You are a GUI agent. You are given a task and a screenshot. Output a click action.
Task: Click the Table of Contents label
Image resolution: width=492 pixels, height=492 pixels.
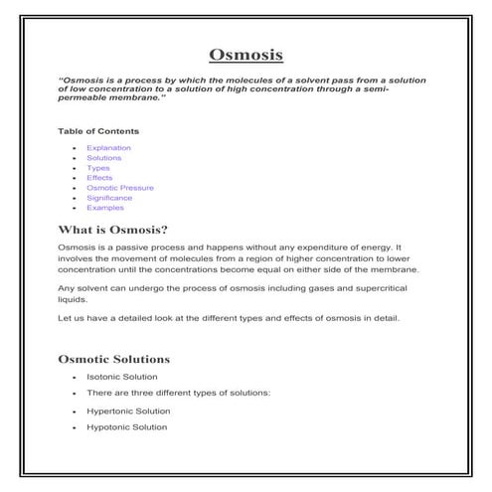(98, 131)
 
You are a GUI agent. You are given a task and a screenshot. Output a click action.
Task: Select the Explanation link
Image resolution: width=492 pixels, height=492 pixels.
(108, 148)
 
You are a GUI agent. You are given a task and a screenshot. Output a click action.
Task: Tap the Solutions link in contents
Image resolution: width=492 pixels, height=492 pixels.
(104, 158)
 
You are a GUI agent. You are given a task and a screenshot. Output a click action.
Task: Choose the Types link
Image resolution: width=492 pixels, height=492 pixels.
(98, 168)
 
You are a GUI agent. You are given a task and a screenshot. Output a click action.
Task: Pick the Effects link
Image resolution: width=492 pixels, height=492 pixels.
(99, 178)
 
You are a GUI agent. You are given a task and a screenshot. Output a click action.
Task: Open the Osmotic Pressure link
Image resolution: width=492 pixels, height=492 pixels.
(121, 188)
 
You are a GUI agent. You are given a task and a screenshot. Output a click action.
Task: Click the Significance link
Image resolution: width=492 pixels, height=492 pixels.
(109, 198)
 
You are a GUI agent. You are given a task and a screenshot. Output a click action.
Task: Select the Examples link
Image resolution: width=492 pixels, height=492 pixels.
(104, 208)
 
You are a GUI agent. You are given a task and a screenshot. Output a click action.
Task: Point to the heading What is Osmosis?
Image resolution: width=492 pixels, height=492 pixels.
(119, 230)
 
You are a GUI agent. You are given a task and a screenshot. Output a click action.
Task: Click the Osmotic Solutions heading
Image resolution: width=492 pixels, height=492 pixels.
(114, 358)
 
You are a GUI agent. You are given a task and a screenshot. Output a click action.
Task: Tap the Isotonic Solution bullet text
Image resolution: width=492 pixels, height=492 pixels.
(121, 377)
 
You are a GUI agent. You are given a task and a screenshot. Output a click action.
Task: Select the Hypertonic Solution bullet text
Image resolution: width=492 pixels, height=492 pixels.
(128, 410)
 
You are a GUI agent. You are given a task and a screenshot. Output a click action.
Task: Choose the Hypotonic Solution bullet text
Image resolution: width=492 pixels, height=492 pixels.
(127, 427)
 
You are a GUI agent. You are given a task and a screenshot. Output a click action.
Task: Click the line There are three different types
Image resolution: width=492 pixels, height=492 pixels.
(178, 394)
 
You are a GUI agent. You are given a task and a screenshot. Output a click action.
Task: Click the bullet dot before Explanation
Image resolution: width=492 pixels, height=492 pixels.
(75, 149)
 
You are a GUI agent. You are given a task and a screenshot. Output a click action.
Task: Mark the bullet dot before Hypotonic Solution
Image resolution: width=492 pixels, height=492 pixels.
(75, 428)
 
